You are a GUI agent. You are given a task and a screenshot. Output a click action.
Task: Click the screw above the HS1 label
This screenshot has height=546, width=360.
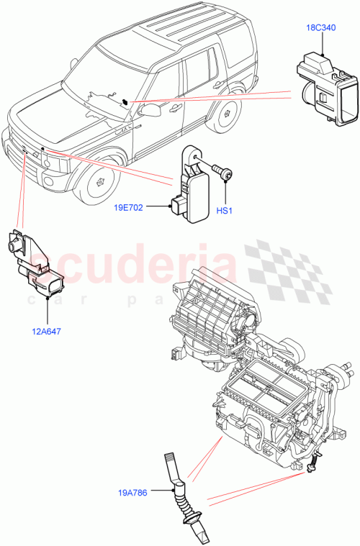(x=223, y=172)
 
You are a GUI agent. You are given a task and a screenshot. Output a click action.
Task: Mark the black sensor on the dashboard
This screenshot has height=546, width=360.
(x=125, y=101)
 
